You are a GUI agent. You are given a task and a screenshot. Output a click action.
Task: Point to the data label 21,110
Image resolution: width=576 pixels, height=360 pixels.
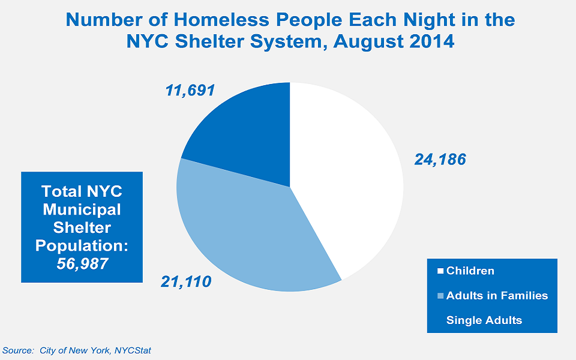(x=185, y=280)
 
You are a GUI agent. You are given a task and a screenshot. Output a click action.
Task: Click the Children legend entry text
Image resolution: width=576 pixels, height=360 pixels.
(x=470, y=271)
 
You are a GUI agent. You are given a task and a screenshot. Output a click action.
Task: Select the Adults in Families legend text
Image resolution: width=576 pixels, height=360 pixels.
(x=497, y=295)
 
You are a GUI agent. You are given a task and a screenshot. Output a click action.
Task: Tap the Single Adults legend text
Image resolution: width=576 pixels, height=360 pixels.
(x=484, y=320)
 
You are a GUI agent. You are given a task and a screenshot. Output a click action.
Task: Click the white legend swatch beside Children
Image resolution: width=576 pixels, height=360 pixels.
(x=440, y=271)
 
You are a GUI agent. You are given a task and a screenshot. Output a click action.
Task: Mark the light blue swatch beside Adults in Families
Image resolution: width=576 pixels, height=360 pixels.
(x=440, y=295)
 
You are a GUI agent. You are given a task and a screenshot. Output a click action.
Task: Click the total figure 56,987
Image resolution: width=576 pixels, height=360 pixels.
(x=82, y=263)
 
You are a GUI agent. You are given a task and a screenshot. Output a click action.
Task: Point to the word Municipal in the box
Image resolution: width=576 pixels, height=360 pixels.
(x=82, y=209)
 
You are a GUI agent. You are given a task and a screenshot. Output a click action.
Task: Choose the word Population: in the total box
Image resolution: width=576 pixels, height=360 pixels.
(x=82, y=245)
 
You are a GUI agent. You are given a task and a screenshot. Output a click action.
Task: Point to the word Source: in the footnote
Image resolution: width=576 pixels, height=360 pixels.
(x=18, y=350)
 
